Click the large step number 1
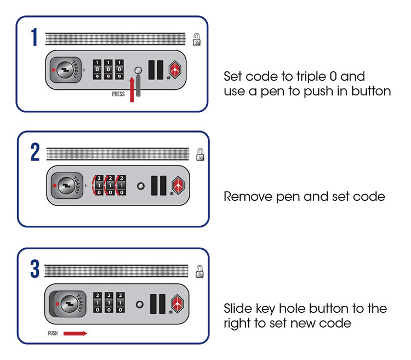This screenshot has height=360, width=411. coord(34,37)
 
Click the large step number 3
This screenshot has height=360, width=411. coord(35,269)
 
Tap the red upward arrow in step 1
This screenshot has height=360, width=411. coord(132,88)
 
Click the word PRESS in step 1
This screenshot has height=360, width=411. coord(118,94)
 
